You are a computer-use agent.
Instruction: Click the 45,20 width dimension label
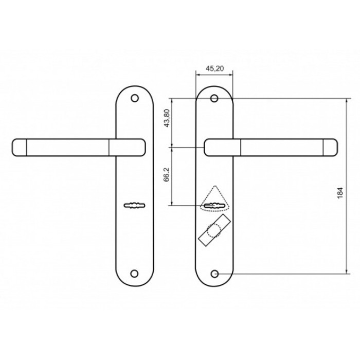(214, 68)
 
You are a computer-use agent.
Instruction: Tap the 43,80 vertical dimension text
(167, 118)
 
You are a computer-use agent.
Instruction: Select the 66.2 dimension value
(167, 174)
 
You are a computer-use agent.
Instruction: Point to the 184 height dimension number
(340, 193)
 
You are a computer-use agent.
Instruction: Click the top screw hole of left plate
(135, 98)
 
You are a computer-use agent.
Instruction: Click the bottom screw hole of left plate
(134, 274)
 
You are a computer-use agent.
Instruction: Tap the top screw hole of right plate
(214, 99)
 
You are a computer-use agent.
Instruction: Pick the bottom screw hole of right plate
(214, 274)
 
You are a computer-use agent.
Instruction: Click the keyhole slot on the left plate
(134, 205)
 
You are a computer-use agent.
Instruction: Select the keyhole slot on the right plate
(214, 205)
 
